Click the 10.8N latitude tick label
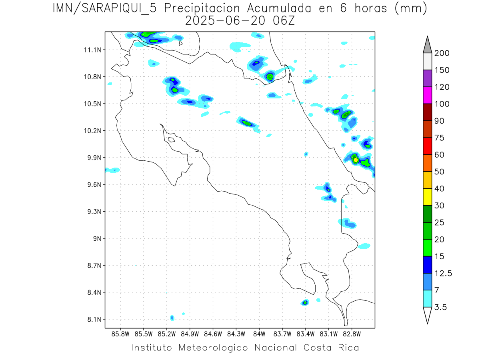[x=91, y=77]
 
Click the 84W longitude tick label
[x=259, y=333]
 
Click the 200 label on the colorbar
[x=442, y=53]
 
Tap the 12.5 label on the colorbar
[x=443, y=274]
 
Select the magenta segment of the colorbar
[x=427, y=95]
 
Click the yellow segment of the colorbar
[x=427, y=197]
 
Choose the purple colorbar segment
[x=427, y=78]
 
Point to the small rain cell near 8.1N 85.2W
[x=172, y=318]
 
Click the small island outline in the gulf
[x=171, y=140]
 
